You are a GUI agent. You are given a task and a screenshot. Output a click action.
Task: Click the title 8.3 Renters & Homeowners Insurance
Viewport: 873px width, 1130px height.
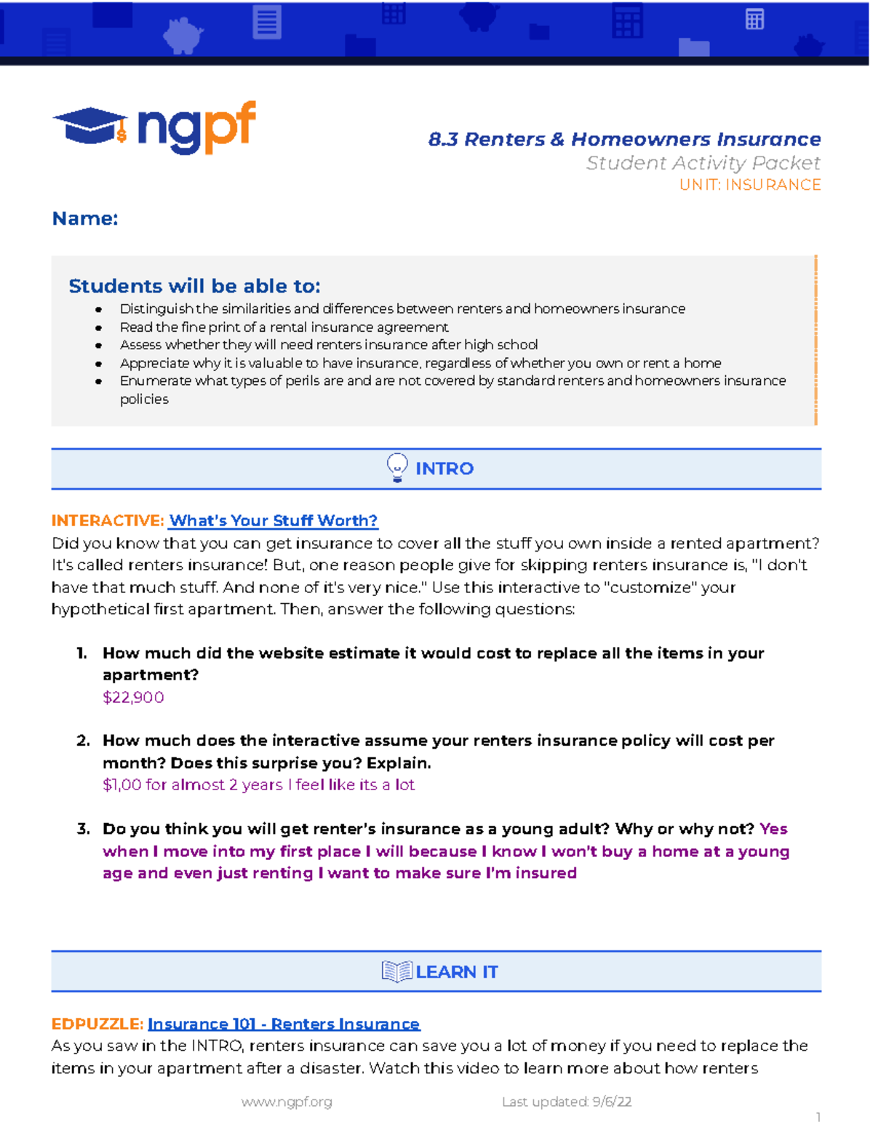pyautogui.click(x=624, y=139)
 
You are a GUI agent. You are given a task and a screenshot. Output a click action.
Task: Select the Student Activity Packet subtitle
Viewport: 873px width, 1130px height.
pyautogui.click(x=703, y=163)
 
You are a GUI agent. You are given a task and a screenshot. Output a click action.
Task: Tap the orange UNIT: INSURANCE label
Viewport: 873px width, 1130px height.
pyautogui.click(x=749, y=185)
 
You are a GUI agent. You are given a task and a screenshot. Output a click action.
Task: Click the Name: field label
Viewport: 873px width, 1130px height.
pyautogui.click(x=85, y=218)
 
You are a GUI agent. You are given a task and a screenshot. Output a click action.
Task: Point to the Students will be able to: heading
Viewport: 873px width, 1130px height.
pyautogui.click(x=194, y=286)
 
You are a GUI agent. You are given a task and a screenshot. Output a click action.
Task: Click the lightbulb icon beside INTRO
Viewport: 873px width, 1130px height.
pyautogui.click(x=397, y=468)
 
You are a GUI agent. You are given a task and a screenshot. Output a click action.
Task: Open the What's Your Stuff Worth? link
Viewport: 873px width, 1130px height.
pyautogui.click(x=274, y=521)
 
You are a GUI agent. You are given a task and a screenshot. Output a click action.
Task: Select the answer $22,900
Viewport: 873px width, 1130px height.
pyautogui.click(x=133, y=697)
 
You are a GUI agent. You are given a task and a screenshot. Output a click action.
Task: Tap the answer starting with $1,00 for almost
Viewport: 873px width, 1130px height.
pyautogui.click(x=258, y=785)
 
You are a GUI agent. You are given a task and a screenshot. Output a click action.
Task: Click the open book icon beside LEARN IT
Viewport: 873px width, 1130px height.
pyautogui.click(x=396, y=971)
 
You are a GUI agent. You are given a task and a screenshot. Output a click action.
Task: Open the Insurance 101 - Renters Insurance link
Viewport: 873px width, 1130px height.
pyautogui.click(x=284, y=1024)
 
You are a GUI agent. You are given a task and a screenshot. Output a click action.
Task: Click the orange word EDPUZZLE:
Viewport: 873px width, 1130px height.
pyautogui.click(x=97, y=1024)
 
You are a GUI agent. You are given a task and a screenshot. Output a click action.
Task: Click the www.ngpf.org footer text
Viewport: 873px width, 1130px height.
pyautogui.click(x=287, y=1102)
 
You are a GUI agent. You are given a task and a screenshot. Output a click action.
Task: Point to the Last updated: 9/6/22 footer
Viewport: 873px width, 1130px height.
pyautogui.click(x=566, y=1102)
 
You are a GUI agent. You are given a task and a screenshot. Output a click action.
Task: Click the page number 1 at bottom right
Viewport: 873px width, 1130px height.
pyautogui.click(x=818, y=1117)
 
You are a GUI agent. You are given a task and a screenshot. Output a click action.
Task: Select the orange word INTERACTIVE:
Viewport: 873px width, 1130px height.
pyautogui.click(x=108, y=521)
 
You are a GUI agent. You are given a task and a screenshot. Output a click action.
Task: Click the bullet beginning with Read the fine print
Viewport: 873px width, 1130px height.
pyautogui.click(x=284, y=327)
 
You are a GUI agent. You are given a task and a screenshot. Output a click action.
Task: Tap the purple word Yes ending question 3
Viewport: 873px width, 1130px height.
pyautogui.click(x=773, y=829)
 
